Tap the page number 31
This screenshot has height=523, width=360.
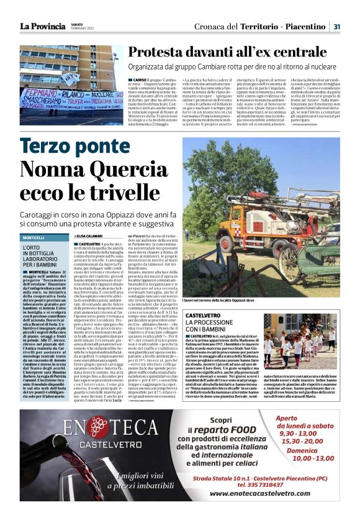[x=336, y=27]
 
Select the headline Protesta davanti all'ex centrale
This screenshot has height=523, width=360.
[x=234, y=52]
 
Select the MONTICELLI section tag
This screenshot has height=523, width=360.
[x=34, y=237]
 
